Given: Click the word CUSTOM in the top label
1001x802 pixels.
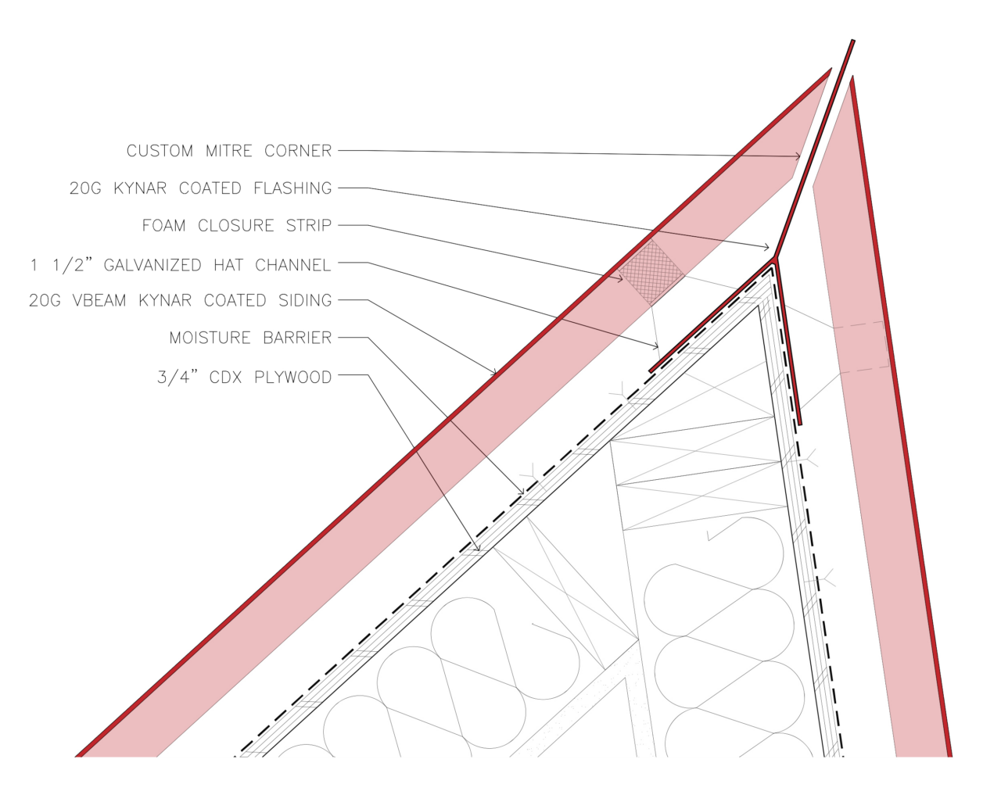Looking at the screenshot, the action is tap(160, 151).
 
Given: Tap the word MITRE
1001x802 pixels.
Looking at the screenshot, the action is tap(228, 151).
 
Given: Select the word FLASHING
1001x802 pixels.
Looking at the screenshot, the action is tap(292, 188).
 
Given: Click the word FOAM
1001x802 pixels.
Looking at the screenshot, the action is tap(163, 225).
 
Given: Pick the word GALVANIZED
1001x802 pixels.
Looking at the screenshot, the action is tap(152, 265).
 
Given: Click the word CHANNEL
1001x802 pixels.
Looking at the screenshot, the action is tap(292, 265).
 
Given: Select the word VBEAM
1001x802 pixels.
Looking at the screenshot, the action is tap(99, 300).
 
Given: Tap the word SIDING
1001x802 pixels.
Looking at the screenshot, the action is tap(305, 300).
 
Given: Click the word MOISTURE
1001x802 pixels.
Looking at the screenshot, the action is tap(210, 338).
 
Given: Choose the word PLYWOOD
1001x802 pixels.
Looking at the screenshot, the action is tap(293, 377).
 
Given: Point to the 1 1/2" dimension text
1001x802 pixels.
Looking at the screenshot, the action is tap(61, 265).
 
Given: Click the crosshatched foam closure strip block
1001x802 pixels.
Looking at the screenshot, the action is tap(651, 273).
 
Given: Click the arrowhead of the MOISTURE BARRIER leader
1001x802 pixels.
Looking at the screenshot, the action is tap(522, 491).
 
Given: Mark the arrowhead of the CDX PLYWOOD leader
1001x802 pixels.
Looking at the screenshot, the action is tap(477, 548).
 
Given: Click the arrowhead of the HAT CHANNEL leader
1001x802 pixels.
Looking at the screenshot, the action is tap(656, 346).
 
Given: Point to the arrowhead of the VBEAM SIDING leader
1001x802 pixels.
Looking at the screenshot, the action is tap(494, 372).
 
